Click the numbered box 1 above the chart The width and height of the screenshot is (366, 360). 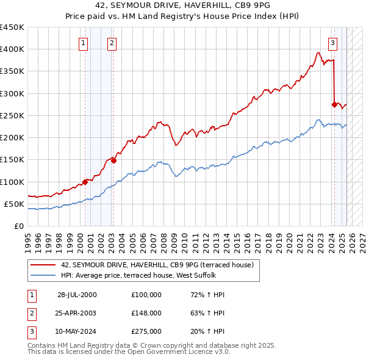coord(83,43)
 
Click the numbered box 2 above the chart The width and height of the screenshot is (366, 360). coord(113,43)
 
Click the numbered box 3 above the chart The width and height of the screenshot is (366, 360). coord(333,43)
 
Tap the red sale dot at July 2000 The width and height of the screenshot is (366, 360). coord(85,181)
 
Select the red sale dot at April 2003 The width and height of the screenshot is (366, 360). coord(113,160)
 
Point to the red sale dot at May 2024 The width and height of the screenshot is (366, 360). coord(334,104)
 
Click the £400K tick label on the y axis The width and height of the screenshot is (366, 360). coord(12,49)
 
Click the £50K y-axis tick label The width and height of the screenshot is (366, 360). coord(14,204)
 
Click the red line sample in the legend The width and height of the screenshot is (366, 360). coord(43,265)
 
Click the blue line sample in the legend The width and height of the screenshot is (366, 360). coord(43,275)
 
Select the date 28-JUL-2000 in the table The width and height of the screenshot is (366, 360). coord(77,295)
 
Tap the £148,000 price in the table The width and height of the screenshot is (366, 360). coord(146,313)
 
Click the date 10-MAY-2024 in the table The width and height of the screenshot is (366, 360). coord(77,331)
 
